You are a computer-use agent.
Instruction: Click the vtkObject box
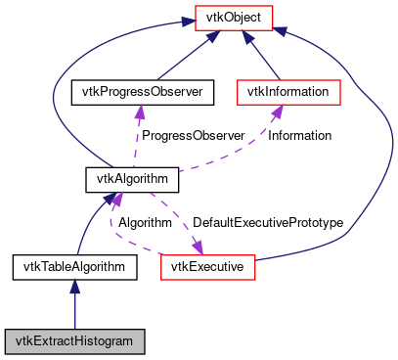(x=232, y=16)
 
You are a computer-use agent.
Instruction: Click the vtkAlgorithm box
(x=132, y=179)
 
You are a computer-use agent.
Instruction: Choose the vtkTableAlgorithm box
(x=75, y=266)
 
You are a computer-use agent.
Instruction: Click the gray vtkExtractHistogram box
(x=75, y=341)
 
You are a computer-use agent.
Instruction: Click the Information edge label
(x=299, y=136)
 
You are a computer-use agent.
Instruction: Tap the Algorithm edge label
(x=145, y=223)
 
